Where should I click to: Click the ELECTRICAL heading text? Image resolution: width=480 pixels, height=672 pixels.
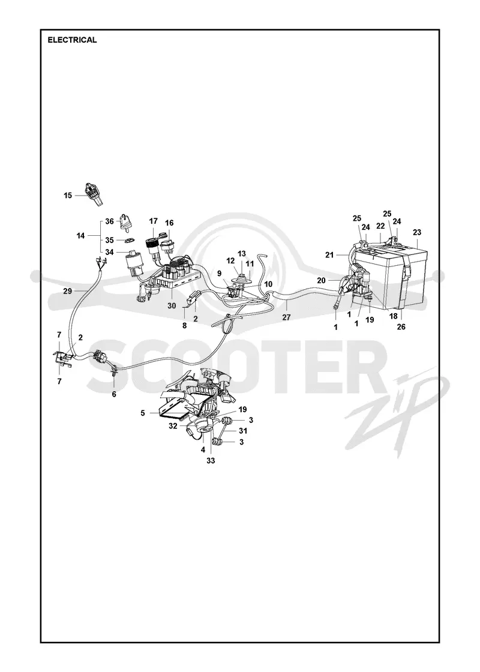(x=72, y=40)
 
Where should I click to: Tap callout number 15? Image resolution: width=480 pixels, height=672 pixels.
(x=68, y=196)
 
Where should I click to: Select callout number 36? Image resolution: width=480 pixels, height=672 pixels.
(x=109, y=221)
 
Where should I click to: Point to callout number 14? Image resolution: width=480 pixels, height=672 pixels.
(x=81, y=235)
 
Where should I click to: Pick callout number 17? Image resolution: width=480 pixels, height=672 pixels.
(x=153, y=221)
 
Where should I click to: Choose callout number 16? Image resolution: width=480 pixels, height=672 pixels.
(x=169, y=223)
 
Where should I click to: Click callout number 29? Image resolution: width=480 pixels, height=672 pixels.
(x=67, y=291)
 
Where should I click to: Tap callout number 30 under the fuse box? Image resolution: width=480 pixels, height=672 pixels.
(x=172, y=306)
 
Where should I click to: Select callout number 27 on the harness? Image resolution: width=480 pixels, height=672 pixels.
(x=286, y=317)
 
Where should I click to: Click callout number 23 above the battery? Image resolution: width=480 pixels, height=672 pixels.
(x=417, y=232)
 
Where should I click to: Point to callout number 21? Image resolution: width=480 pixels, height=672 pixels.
(x=329, y=255)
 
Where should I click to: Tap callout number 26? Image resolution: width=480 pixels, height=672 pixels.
(x=401, y=326)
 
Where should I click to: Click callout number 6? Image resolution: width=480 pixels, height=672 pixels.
(x=114, y=394)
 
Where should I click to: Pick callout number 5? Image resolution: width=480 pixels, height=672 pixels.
(x=143, y=413)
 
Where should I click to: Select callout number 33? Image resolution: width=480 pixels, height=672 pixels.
(x=211, y=461)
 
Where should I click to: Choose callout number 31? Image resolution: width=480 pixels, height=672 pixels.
(x=243, y=431)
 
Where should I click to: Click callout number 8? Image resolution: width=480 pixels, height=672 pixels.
(x=185, y=326)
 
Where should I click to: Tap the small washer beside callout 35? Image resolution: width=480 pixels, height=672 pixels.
(x=129, y=241)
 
